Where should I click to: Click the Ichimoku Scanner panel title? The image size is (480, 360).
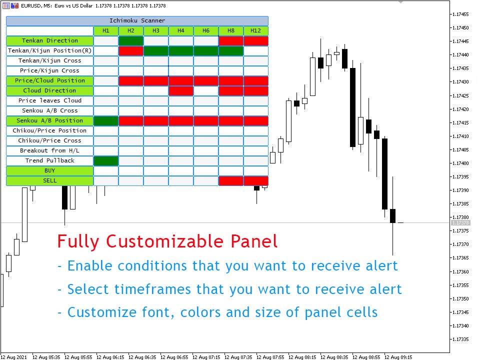pyautogui.click(x=137, y=20)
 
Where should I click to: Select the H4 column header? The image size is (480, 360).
pyautogui.click(x=181, y=30)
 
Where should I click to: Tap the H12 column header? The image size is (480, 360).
pyautogui.click(x=256, y=30)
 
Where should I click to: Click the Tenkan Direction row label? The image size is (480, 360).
pyautogui.click(x=50, y=40)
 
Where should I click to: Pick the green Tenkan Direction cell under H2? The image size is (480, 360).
pyautogui.click(x=131, y=40)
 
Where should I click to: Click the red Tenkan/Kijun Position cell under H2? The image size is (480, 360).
pyautogui.click(x=131, y=51)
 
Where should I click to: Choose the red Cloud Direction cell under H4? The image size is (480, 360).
pyautogui.click(x=181, y=91)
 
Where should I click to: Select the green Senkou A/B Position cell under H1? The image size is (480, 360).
pyautogui.click(x=106, y=121)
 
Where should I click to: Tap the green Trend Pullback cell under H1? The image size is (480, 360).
pyautogui.click(x=106, y=160)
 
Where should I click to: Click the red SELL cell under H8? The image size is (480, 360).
pyautogui.click(x=231, y=181)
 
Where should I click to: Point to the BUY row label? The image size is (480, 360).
pyautogui.click(x=50, y=171)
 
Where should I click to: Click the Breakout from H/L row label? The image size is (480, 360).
pyautogui.click(x=50, y=150)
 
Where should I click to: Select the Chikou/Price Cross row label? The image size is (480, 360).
pyautogui.click(x=50, y=140)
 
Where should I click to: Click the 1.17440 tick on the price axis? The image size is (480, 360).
pyautogui.click(x=460, y=55)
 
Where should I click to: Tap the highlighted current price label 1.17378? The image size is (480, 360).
pyautogui.click(x=460, y=223)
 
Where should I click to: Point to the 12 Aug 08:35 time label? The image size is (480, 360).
pyautogui.click(x=334, y=357)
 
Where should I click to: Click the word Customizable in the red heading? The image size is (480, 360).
pyautogui.click(x=164, y=241)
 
